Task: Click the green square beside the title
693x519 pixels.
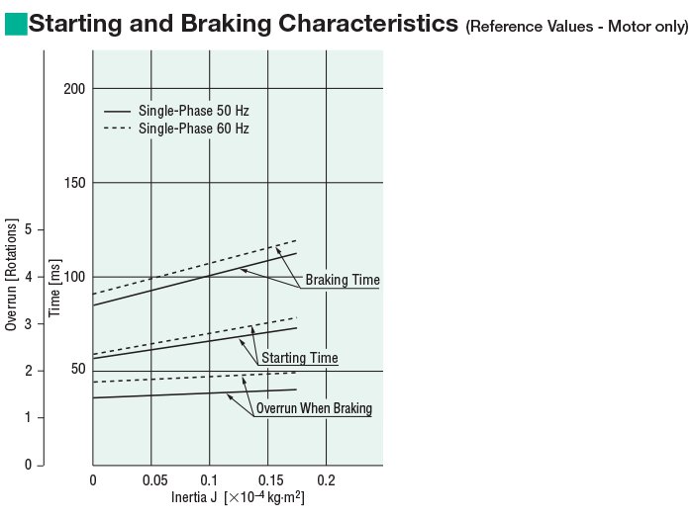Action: [16, 23]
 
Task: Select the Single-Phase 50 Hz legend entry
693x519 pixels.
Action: [193, 111]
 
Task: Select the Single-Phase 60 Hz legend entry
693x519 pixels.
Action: [193, 129]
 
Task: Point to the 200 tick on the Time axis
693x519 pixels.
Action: [74, 89]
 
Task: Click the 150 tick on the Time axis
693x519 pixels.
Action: [74, 183]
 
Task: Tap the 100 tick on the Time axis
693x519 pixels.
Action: [74, 277]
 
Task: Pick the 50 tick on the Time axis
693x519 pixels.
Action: [77, 371]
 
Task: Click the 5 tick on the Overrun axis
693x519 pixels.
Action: [28, 229]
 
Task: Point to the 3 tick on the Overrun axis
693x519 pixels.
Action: [28, 323]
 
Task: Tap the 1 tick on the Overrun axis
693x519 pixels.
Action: [28, 417]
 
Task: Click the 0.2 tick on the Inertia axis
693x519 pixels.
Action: [326, 479]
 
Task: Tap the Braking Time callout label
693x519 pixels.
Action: [342, 281]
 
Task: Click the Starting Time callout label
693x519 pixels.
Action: [299, 358]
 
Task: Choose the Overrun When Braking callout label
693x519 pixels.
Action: [313, 408]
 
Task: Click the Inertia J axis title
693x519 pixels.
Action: [238, 497]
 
